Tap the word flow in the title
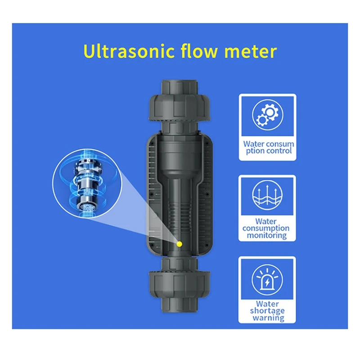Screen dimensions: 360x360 click(199, 51)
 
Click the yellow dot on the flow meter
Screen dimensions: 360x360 click(179, 244)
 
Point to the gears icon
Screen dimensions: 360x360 click(267, 115)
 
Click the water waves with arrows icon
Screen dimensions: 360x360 click(267, 195)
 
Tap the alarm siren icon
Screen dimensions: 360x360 click(267, 280)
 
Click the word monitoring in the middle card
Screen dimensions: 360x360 click(267, 235)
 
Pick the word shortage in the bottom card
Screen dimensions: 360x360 click(267, 310)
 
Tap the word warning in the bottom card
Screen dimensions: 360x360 click(268, 318)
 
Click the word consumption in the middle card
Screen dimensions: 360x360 click(266, 229)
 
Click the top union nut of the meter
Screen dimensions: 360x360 click(179, 108)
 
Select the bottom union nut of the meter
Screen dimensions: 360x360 click(179, 284)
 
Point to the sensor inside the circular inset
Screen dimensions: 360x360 click(87, 184)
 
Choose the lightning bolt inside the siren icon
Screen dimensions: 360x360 click(267, 283)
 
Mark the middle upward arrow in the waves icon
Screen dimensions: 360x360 click(267, 192)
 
